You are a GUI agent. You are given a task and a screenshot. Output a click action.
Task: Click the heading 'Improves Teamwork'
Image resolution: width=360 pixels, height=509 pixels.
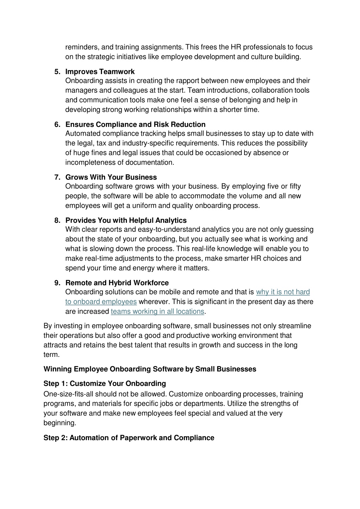(x=100, y=72)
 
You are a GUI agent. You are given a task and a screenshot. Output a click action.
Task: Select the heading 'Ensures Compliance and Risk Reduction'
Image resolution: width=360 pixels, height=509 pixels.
(x=135, y=124)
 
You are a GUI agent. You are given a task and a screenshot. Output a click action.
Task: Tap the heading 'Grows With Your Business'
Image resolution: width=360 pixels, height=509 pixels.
(x=111, y=177)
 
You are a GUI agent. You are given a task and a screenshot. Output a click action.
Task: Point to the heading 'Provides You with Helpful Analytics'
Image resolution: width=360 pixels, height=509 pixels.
(x=126, y=220)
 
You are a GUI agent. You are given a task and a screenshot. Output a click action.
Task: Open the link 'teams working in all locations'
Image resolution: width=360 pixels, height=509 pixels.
(x=157, y=311)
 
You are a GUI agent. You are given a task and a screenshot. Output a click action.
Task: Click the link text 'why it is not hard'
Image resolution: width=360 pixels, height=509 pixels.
(x=283, y=292)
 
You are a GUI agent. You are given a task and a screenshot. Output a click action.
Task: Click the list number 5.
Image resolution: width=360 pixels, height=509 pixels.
(x=57, y=72)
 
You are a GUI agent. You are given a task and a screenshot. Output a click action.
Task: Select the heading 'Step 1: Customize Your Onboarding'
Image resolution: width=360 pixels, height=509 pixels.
(x=104, y=383)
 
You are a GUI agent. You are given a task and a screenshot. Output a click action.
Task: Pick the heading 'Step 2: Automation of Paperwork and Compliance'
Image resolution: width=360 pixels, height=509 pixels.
(x=129, y=438)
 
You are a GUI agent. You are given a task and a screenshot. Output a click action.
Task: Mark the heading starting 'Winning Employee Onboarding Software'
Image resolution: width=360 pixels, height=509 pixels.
(x=150, y=369)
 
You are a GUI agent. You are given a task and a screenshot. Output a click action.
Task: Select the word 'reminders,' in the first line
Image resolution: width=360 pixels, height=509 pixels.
(x=82, y=47)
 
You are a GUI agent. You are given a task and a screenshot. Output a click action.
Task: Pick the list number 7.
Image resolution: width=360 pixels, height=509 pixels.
(x=57, y=177)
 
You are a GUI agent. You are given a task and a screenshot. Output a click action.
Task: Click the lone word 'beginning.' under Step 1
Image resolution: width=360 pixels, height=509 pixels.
(x=60, y=423)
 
